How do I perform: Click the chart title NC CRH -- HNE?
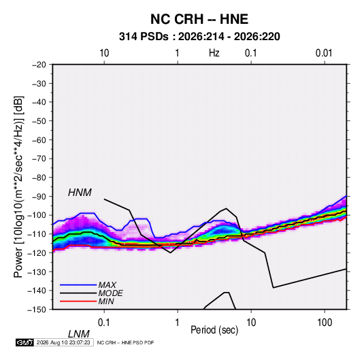(199, 19)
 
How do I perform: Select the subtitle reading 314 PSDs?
(144, 37)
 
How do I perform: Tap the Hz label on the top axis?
(214, 53)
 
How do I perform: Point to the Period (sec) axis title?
(214, 330)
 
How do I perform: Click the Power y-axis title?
(18, 187)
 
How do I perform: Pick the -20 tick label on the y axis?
(39, 65)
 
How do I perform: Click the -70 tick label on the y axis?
(39, 159)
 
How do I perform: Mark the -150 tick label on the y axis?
(37, 310)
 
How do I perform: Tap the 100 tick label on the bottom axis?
(325, 322)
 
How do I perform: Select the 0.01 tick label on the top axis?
(324, 53)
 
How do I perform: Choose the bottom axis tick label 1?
(177, 322)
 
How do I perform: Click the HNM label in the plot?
(80, 193)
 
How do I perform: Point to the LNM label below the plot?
(79, 334)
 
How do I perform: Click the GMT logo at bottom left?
(24, 342)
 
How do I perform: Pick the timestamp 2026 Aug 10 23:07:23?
(63, 342)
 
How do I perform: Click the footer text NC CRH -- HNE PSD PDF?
(125, 342)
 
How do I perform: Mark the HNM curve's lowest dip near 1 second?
(170, 252)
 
